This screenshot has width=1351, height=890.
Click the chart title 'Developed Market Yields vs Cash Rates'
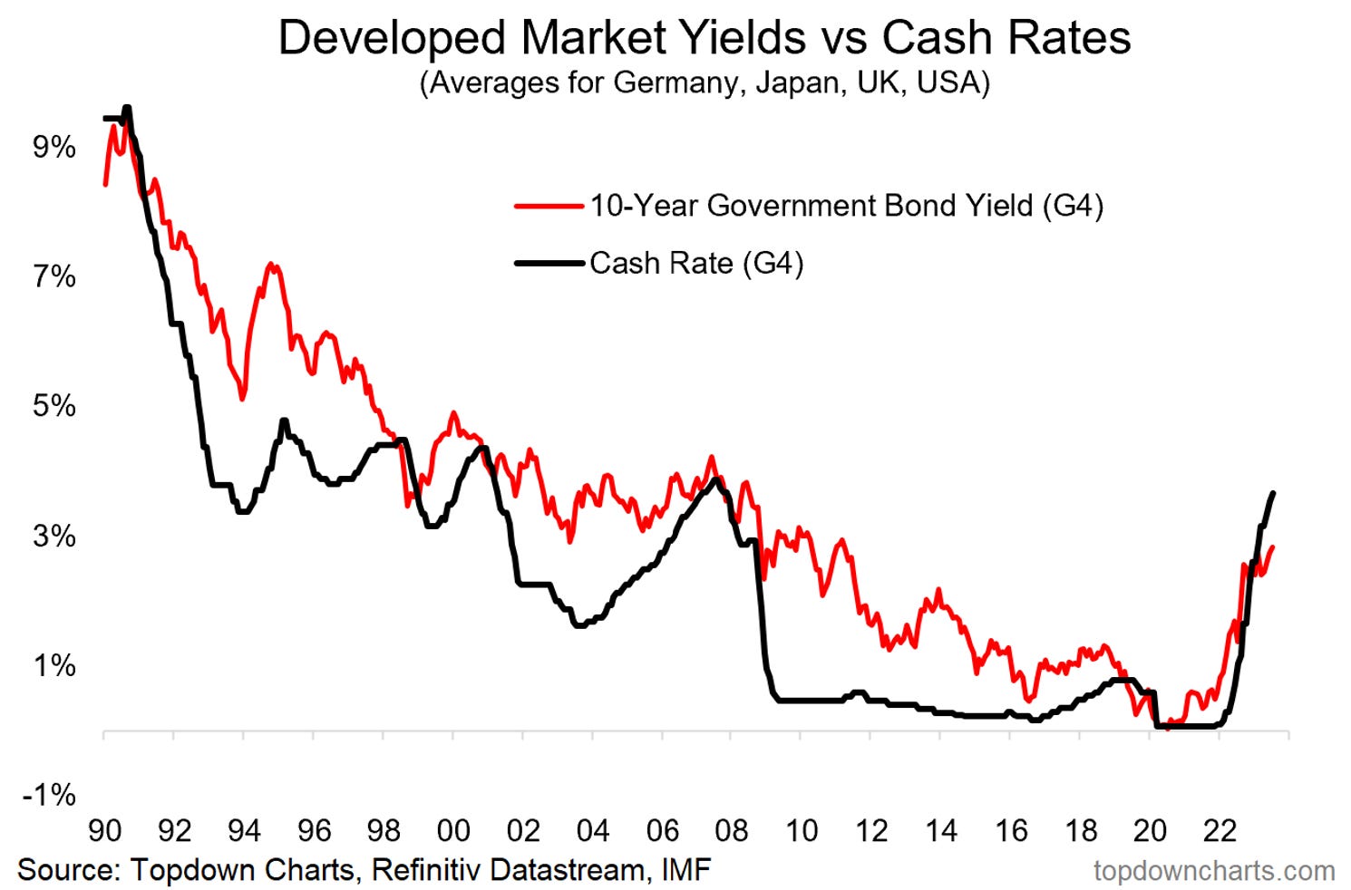click(x=704, y=38)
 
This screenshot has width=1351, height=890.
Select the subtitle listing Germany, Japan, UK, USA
click(x=704, y=83)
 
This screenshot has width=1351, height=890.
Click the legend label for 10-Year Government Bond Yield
click(x=846, y=206)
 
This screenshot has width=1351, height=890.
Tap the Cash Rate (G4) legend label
click(x=696, y=264)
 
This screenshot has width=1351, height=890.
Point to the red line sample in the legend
click(x=549, y=207)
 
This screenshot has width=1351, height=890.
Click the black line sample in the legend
click(x=549, y=264)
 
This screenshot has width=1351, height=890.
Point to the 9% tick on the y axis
click(x=54, y=147)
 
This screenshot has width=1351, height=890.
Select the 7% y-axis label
click(x=54, y=276)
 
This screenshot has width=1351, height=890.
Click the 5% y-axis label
click(x=54, y=406)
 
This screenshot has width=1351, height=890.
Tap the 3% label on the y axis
click(x=54, y=536)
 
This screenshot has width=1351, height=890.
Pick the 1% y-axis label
click(x=54, y=665)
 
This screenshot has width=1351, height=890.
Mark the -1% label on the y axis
click(x=49, y=795)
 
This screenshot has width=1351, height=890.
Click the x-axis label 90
click(x=105, y=830)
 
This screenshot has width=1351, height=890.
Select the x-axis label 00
click(x=453, y=830)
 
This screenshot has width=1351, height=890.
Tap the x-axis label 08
click(x=732, y=830)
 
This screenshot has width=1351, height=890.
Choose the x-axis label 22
click(x=1220, y=830)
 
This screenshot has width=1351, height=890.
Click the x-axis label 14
click(x=941, y=830)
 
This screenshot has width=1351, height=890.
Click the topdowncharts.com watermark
click(x=1213, y=871)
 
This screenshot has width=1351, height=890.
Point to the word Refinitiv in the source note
click(x=425, y=870)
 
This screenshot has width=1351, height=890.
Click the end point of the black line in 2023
click(x=1274, y=493)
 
